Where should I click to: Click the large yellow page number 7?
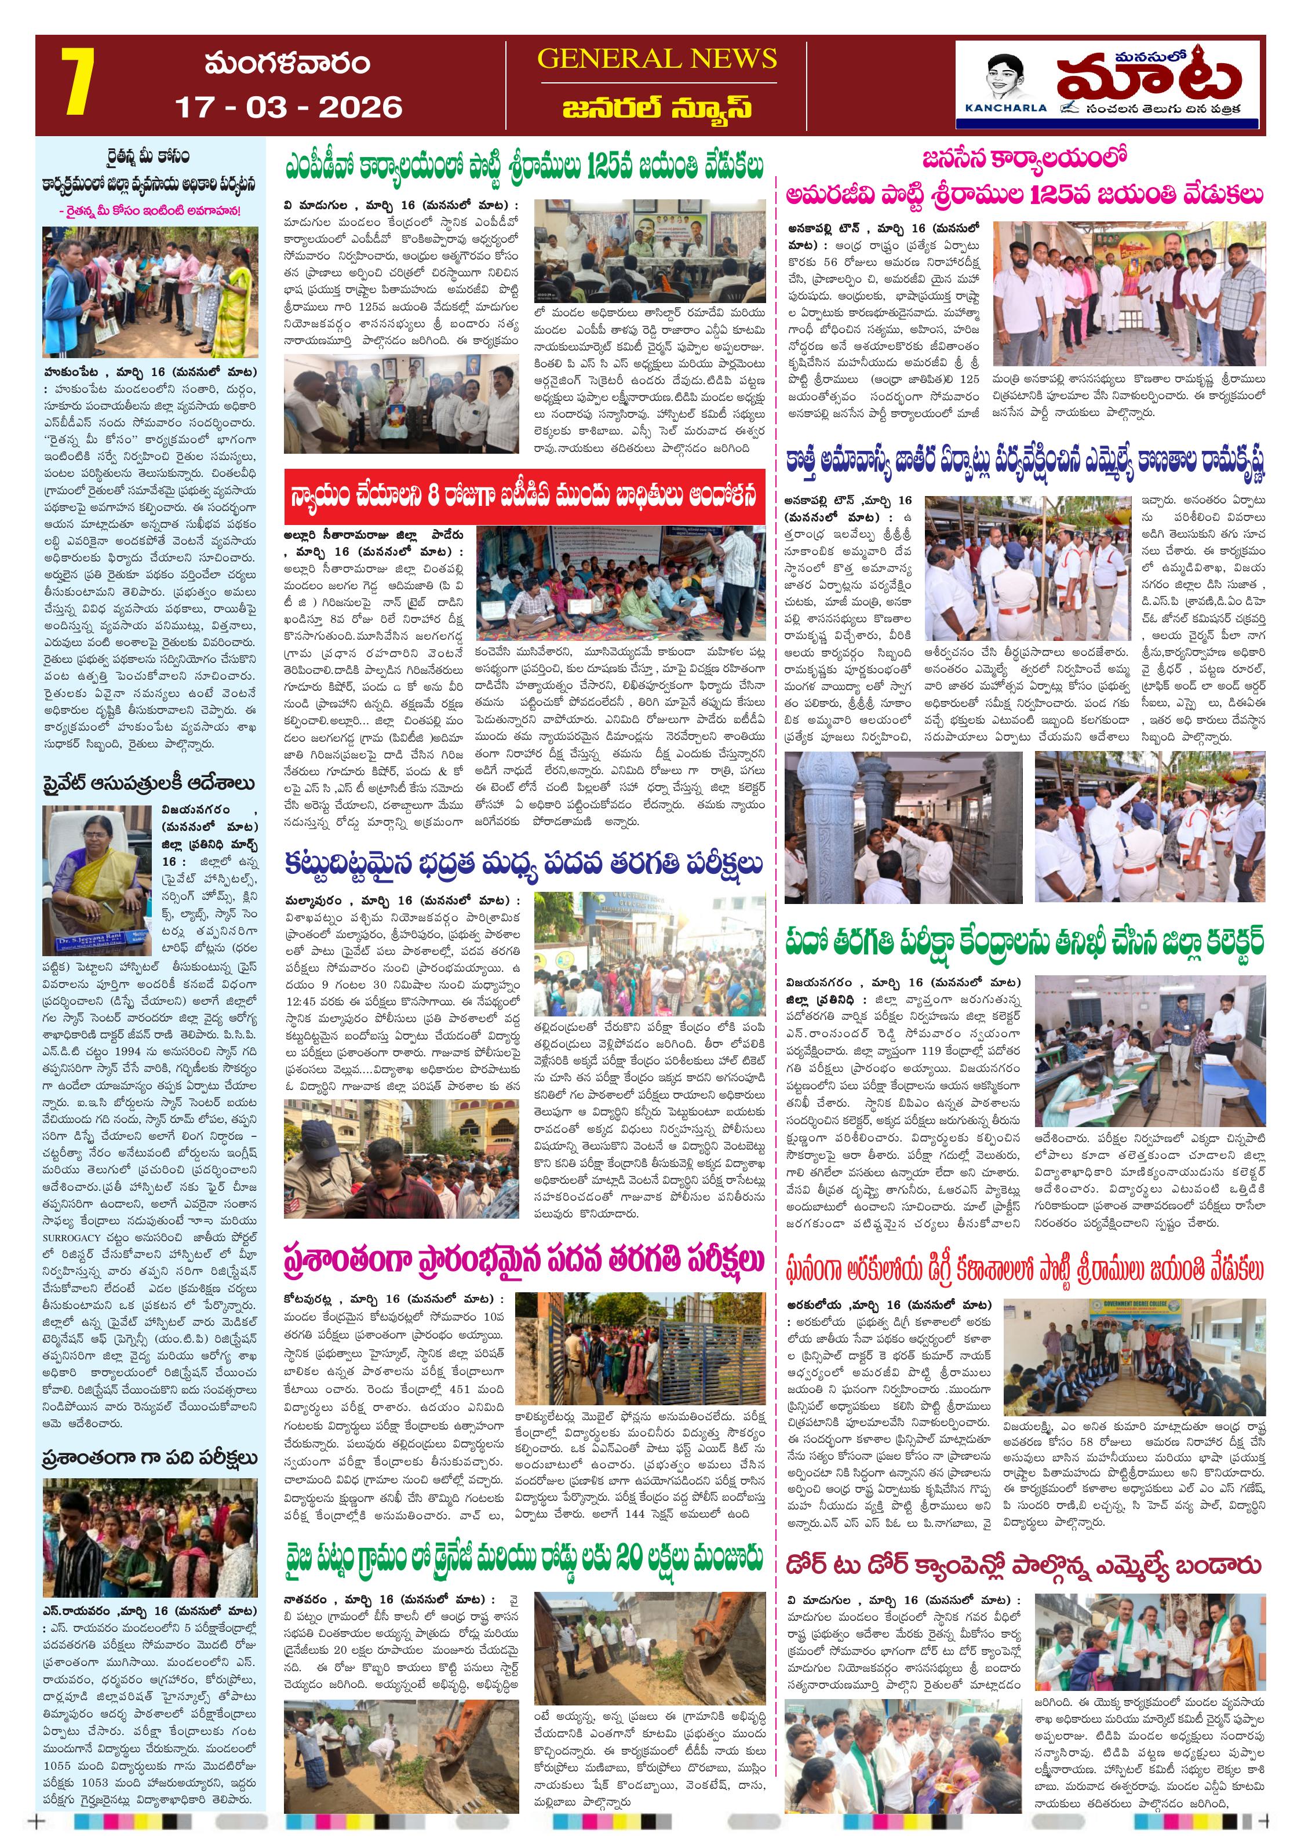pos(78,82)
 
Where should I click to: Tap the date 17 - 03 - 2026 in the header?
pos(288,107)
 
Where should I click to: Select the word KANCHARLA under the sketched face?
pos(1005,107)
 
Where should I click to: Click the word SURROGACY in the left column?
pos(72,1238)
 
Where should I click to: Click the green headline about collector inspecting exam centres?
pos(1024,942)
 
